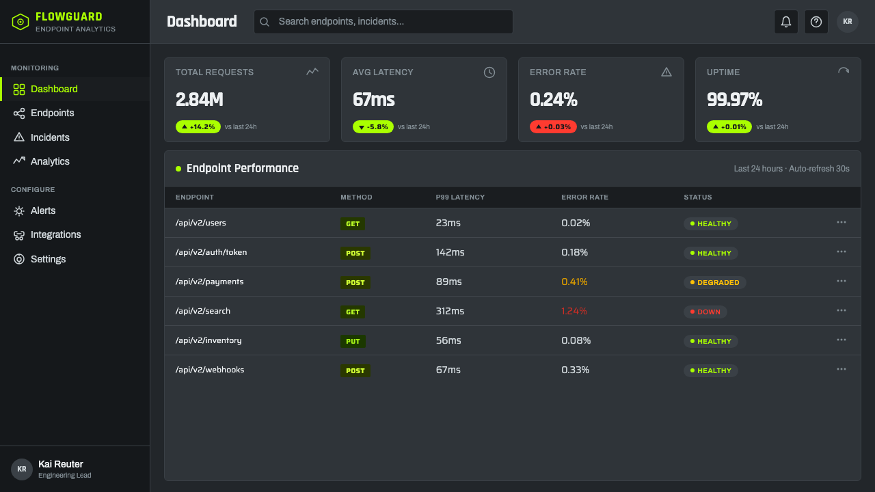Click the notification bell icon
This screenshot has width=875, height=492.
coord(786,22)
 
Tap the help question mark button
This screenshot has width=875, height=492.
coord(816,22)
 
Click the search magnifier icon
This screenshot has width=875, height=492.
coord(265,22)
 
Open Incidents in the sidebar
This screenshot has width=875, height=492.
coord(50,137)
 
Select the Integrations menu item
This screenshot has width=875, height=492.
coord(55,234)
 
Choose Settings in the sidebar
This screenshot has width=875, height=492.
coord(48,259)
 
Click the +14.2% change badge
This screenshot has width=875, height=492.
coord(198,127)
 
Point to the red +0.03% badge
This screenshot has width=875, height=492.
coord(553,127)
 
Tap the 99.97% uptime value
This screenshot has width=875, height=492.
coord(734,100)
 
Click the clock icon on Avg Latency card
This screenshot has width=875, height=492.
coord(489,72)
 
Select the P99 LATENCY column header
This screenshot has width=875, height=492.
coord(460,197)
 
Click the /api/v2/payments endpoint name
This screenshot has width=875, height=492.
coord(209,282)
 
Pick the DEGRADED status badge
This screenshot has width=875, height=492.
coord(714,282)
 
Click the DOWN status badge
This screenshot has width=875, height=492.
coord(705,312)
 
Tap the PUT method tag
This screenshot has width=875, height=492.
coord(353,341)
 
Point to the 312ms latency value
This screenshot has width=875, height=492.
coord(450,311)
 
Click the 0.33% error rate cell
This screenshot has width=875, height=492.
coord(575,370)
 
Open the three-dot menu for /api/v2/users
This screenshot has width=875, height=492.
coord(842,223)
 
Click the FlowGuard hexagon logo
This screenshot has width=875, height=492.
coord(21,22)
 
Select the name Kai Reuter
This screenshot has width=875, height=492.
coord(61,464)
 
